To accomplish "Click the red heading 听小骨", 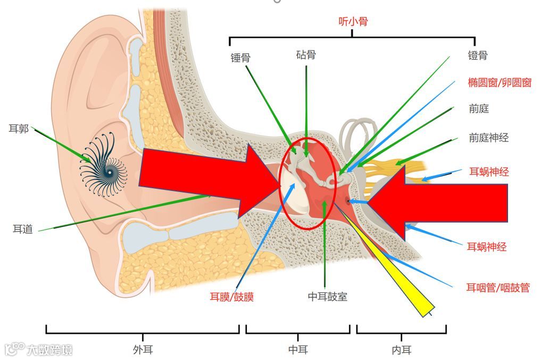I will click(353, 22).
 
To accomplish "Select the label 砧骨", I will click(306, 55).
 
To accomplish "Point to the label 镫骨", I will click(477, 55).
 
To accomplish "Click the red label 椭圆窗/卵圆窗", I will click(500, 82).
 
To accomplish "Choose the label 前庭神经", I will click(488, 138).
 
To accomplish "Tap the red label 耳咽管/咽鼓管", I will click(498, 288).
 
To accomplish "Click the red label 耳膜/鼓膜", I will click(231, 297).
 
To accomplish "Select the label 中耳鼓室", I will click(328, 297).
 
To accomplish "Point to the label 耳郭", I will click(19, 129).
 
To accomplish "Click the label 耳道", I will click(23, 229).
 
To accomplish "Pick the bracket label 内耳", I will click(401, 349).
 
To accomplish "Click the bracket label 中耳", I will click(298, 349).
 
